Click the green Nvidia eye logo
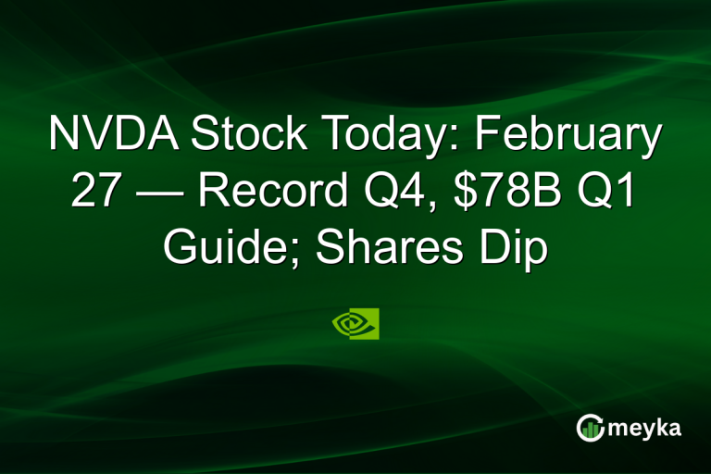coord(355,324)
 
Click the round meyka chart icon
coord(589,427)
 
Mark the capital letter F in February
coord(488,136)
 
